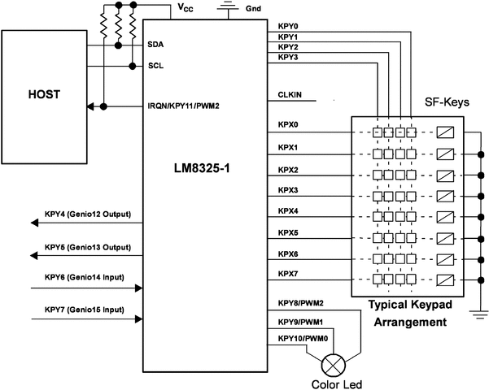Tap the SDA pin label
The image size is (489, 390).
156,45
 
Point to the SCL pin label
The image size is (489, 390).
156,66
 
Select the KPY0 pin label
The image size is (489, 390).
288,26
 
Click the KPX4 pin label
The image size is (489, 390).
288,210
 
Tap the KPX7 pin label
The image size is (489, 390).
288,275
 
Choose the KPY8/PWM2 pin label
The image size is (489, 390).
301,303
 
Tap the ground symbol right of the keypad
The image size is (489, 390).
481,318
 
